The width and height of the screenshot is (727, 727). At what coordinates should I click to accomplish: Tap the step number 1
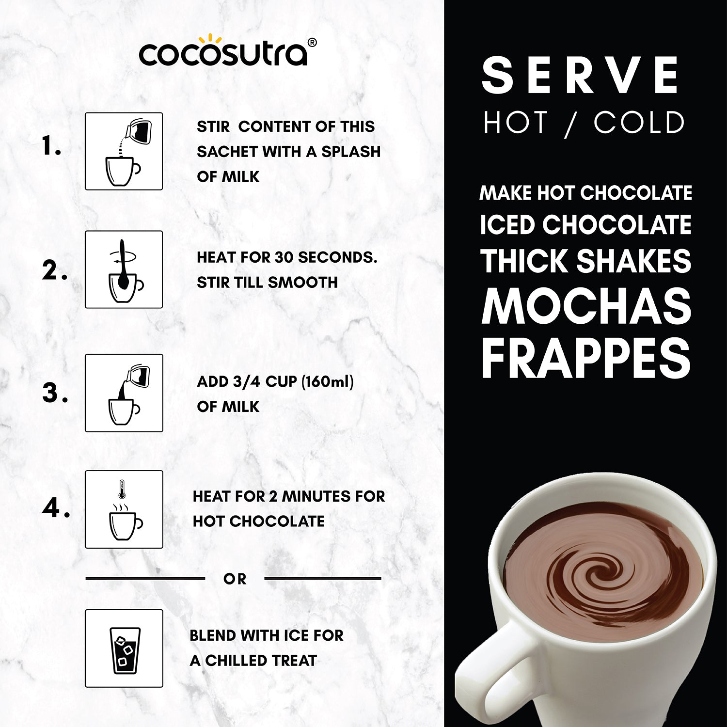(x=51, y=146)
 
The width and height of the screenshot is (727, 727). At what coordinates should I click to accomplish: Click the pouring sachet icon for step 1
(x=124, y=151)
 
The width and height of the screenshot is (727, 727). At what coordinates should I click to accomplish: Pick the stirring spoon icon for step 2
(x=124, y=269)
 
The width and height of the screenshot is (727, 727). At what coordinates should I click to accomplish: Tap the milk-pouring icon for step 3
(x=124, y=393)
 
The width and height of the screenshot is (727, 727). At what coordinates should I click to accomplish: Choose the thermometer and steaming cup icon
(x=124, y=509)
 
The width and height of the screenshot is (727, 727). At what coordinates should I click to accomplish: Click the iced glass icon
(x=124, y=648)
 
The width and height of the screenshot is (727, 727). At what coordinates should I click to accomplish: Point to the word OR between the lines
(x=235, y=579)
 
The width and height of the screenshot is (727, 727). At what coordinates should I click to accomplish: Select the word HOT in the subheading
(x=516, y=123)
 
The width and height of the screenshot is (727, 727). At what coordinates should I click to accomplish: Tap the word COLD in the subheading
(x=639, y=123)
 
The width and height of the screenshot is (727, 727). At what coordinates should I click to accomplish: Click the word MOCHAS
(x=586, y=306)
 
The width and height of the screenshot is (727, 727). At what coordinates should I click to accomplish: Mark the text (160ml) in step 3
(x=328, y=382)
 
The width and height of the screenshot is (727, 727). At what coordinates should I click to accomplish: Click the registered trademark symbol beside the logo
(x=313, y=43)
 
